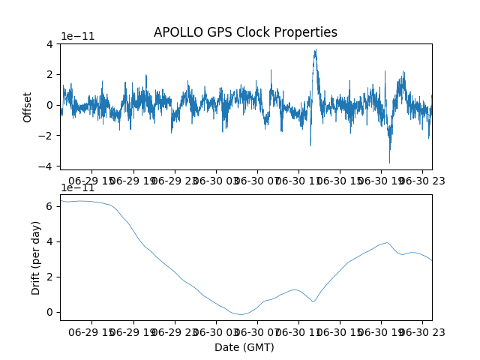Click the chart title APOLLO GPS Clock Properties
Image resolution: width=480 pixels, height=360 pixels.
click(245, 32)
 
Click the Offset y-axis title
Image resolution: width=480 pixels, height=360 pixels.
click(27, 107)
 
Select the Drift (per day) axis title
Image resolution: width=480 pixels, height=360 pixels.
click(36, 258)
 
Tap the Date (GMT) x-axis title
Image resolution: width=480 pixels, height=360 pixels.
click(244, 347)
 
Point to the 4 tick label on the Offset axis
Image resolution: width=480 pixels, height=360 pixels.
click(49, 44)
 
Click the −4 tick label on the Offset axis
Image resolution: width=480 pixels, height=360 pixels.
click(45, 166)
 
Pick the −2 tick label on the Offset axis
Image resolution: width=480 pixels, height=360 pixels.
click(45, 136)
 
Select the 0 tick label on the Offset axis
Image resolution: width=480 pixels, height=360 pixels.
click(49, 105)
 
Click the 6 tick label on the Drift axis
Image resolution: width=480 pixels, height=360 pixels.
click(49, 206)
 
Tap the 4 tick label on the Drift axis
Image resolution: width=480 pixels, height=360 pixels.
click(49, 241)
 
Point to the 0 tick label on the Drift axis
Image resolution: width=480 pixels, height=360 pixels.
click(49, 312)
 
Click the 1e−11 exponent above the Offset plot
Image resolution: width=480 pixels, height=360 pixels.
click(78, 36)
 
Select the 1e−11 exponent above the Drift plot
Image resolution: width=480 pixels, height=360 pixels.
click(78, 187)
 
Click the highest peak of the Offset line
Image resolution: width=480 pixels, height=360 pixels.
click(316, 49)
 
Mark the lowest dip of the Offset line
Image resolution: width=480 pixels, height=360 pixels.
click(389, 163)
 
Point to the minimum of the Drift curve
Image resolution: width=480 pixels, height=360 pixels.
click(241, 314)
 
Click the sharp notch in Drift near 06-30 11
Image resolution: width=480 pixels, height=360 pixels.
click(313, 301)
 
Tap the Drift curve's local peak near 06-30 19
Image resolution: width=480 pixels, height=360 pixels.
click(387, 243)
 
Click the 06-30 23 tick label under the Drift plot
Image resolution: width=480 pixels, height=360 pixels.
click(422, 332)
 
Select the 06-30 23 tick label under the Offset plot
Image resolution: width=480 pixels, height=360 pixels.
click(422, 181)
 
